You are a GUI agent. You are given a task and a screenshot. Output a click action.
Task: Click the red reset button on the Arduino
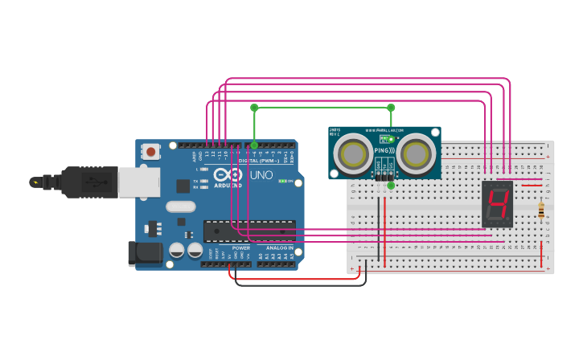150,151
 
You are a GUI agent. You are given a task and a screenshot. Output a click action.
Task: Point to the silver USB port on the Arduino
138,182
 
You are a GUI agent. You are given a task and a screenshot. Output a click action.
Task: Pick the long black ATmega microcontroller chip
249,231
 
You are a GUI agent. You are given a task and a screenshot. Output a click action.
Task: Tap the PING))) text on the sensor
384,150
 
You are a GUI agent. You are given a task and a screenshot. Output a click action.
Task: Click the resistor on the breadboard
540,211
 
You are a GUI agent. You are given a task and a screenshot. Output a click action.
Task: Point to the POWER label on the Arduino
240,247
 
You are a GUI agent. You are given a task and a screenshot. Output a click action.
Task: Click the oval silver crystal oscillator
181,206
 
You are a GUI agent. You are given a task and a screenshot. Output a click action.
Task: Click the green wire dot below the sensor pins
391,186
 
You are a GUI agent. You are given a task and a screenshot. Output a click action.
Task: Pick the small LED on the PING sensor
392,139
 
